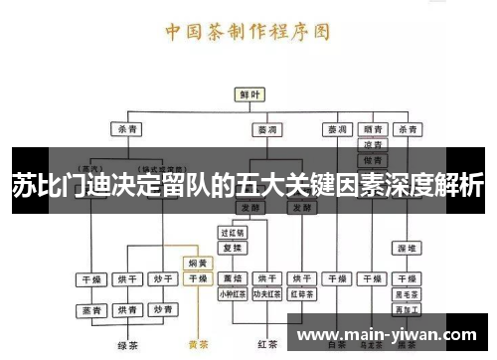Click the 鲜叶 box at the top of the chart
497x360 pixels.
[x=248, y=93]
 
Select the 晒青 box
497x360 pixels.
[x=373, y=129]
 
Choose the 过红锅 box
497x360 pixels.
[x=232, y=233]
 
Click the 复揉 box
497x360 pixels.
[x=232, y=247]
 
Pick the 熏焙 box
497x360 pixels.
[x=232, y=279]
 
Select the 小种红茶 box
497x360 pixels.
[x=232, y=293]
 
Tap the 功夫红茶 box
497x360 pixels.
[x=265, y=293]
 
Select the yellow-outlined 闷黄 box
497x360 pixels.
[x=198, y=264]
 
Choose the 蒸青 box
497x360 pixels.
[x=91, y=310]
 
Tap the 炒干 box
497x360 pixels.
[x=161, y=279]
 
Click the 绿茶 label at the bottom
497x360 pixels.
[x=126, y=345]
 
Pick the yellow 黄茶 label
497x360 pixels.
[x=198, y=345]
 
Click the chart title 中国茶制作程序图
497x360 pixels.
[x=248, y=31]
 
